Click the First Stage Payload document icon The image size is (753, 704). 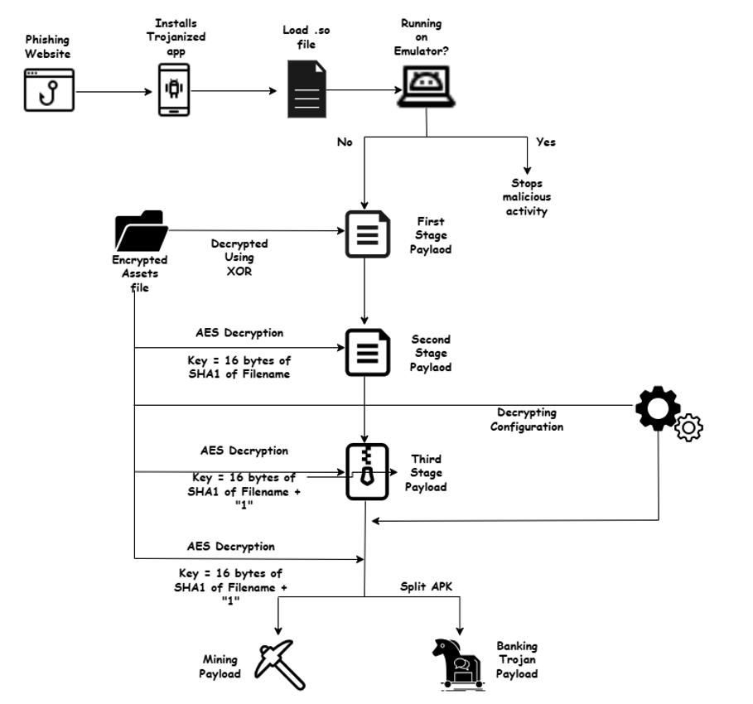[366, 234]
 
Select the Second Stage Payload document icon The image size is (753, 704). [366, 352]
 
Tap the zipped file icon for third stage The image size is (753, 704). [366, 470]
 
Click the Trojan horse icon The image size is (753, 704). [457, 662]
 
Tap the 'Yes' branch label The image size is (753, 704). [546, 142]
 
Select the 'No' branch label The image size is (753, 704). [345, 142]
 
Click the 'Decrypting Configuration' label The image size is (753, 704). [527, 419]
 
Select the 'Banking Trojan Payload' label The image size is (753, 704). [517, 659]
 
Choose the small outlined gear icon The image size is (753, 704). [689, 428]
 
